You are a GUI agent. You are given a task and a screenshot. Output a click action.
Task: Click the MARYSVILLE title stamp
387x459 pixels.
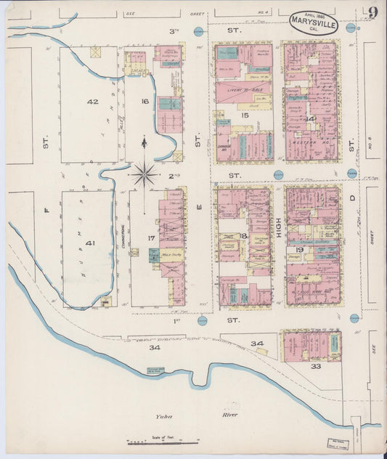point(313,21)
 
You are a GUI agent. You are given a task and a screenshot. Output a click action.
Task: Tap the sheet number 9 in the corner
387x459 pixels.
point(372,12)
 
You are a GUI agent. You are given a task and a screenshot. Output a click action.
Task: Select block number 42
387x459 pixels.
point(91,102)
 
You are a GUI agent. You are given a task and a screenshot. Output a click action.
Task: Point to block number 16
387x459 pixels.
point(145,102)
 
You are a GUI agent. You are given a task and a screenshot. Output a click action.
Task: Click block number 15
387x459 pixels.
point(245,115)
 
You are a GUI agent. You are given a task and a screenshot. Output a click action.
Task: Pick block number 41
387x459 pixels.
point(90,243)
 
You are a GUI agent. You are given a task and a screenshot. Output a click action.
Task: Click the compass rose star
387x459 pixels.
point(144,174)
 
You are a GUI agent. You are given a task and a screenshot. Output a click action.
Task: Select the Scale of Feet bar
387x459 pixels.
point(160,442)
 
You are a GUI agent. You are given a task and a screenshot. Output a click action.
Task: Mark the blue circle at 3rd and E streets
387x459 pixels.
point(198,31)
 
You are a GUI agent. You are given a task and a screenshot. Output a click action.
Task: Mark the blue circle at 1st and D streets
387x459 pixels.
point(354,318)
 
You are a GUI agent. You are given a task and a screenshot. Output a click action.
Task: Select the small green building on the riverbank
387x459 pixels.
point(155,370)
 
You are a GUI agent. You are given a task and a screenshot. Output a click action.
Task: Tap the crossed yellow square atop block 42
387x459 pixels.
point(95,52)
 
